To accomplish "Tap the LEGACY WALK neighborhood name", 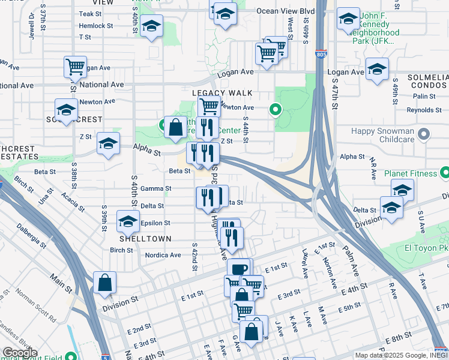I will click(x=221, y=94).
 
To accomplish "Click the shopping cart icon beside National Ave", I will click(x=75, y=67).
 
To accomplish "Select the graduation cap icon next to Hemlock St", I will click(x=152, y=26).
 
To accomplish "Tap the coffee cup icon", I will click(x=238, y=268).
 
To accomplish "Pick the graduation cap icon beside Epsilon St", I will click(x=128, y=222).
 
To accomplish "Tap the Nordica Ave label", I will click(x=163, y=255).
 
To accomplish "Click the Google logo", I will click(x=19, y=353).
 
